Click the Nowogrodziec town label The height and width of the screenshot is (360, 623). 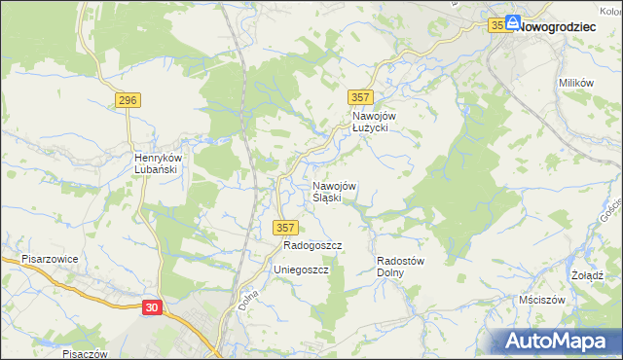pyautogui.click(x=556, y=27)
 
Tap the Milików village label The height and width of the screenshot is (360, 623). pyautogui.click(x=576, y=83)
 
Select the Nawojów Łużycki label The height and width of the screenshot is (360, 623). pyautogui.click(x=370, y=122)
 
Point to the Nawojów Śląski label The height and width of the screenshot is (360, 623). pyautogui.click(x=334, y=192)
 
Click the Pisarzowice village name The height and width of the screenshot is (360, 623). pyautogui.click(x=50, y=260)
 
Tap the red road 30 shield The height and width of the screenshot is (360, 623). pyautogui.click(x=151, y=307)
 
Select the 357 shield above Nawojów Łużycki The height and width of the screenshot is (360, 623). pyautogui.click(x=360, y=95)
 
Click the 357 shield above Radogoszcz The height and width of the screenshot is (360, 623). pyautogui.click(x=284, y=227)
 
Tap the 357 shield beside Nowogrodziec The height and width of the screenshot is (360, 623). pyautogui.click(x=497, y=26)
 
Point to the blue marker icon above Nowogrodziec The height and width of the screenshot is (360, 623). pyautogui.click(x=512, y=20)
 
